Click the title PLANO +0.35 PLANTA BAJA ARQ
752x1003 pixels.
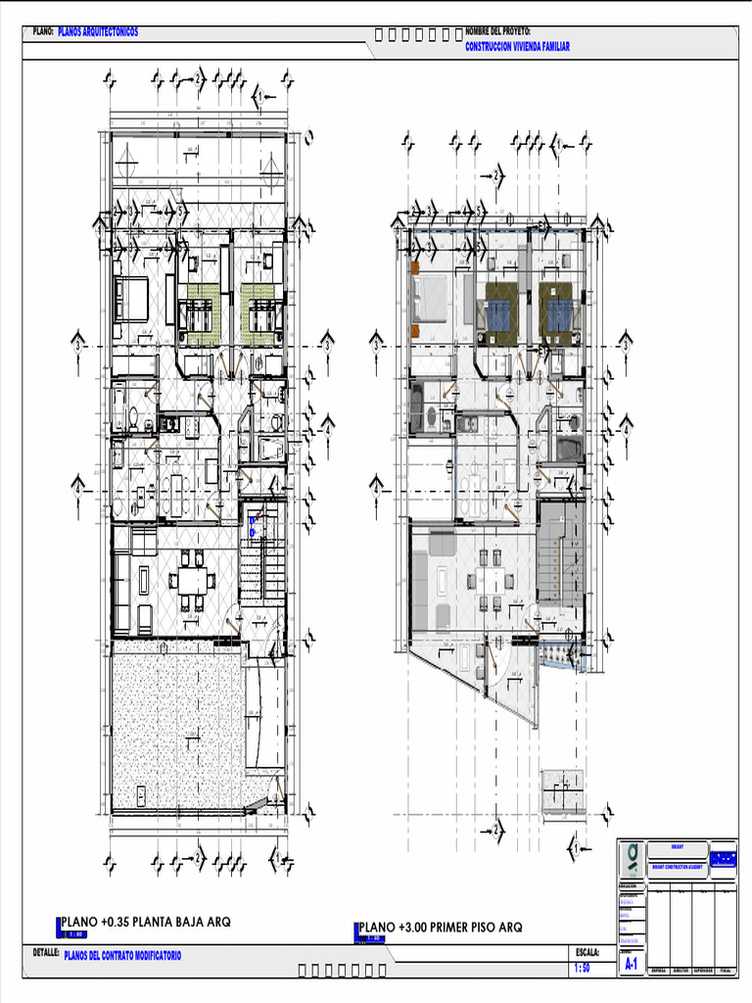[x=147, y=922]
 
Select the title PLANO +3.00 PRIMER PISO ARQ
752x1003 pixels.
[x=442, y=928]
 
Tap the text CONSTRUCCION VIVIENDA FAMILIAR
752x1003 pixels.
[x=517, y=46]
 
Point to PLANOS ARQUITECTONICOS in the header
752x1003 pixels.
[x=98, y=32]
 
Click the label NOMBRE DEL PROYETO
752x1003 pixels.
[x=497, y=31]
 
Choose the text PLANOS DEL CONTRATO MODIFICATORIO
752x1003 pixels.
[x=122, y=955]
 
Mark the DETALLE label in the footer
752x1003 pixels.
[x=46, y=952]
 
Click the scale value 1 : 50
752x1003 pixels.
[x=582, y=968]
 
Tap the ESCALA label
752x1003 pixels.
[x=587, y=952]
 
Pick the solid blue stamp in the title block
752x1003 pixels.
[x=724, y=858]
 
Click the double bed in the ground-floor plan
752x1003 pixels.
[x=130, y=299]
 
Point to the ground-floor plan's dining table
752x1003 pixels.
[x=192, y=580]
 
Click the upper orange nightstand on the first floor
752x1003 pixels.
[x=415, y=267]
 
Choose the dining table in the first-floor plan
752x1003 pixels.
[x=489, y=581]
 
